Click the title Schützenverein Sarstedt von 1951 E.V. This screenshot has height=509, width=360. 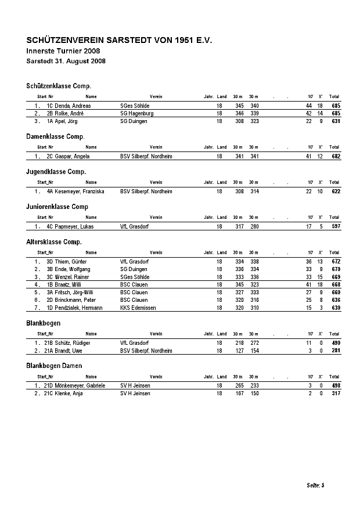(x=120, y=41)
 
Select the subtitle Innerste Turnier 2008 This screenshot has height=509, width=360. (x=64, y=52)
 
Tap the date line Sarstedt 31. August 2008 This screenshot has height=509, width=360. (x=66, y=61)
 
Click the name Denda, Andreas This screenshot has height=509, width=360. (x=73, y=106)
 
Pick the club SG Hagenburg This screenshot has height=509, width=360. (x=137, y=114)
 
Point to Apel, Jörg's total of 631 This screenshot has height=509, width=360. (x=336, y=121)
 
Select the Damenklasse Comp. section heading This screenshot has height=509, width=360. (x=56, y=136)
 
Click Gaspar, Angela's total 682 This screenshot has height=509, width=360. (x=336, y=157)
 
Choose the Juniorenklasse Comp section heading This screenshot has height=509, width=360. (x=57, y=207)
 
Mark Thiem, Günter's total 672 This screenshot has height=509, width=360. (x=336, y=262)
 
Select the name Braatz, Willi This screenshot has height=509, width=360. (x=69, y=285)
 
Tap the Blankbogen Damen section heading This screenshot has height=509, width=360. (x=55, y=366)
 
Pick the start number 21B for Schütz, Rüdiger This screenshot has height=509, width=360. (x=49, y=343)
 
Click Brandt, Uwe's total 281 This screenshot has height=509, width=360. (x=336, y=351)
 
